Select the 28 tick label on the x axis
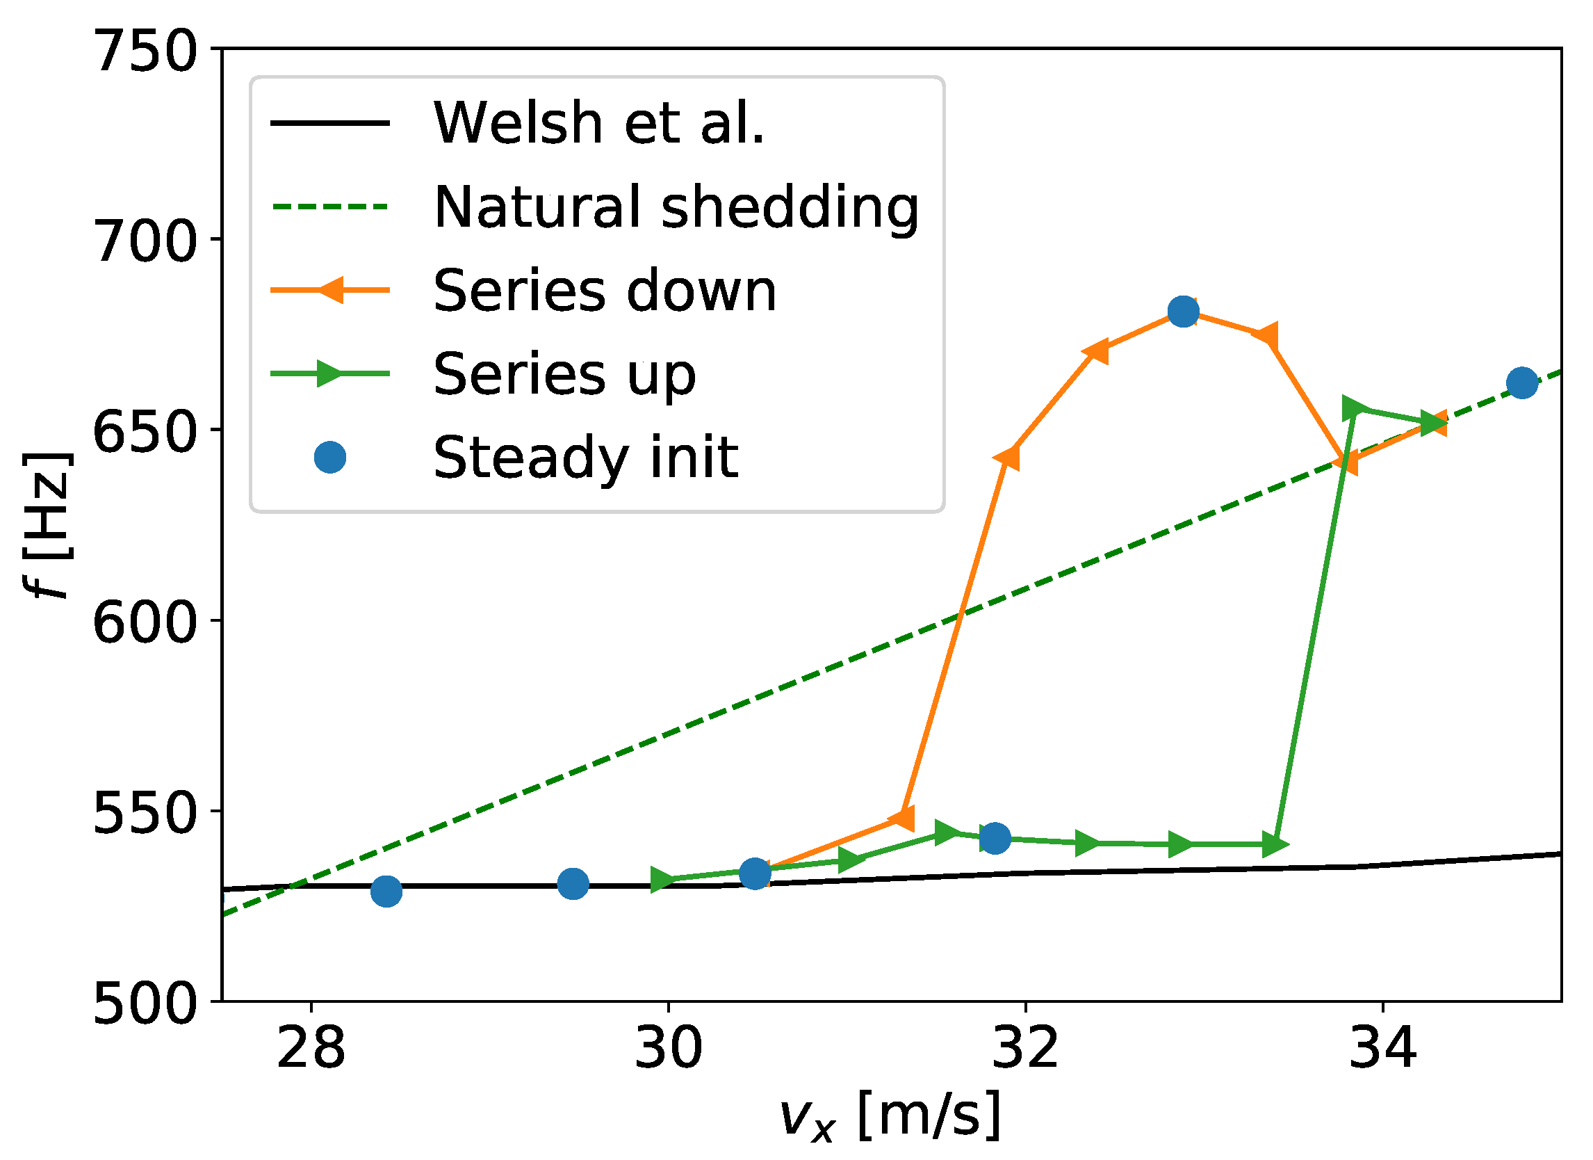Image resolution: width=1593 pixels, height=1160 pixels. pos(311,1049)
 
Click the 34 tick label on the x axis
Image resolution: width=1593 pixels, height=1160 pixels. pos(1383,1049)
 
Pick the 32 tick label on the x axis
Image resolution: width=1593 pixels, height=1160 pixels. pos(1024,1049)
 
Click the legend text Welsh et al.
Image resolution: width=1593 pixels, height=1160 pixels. pos(598,124)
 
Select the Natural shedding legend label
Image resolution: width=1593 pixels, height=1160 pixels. pos(676,207)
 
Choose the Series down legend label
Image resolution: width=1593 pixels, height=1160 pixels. pos(605,291)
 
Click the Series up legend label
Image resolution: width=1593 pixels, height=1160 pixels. pos(564,374)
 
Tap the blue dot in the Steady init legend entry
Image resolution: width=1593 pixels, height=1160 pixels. pos(330,458)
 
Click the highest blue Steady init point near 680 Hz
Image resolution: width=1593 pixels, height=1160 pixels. pos(1184,312)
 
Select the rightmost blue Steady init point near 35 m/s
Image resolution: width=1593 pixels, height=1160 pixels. pos(1522,383)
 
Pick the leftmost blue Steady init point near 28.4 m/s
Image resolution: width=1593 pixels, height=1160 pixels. pos(386,892)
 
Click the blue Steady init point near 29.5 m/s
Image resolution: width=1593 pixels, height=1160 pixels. pos(573,884)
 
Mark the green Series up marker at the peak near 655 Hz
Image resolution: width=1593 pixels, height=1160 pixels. pos(1355,409)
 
